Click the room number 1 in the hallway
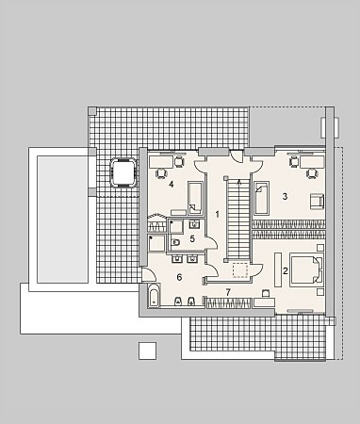point(217,215)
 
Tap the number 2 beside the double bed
point(286,270)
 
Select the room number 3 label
point(285,197)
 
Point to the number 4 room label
point(171,184)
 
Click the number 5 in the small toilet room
point(192,239)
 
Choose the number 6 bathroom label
point(179,277)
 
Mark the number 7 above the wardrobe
point(228,292)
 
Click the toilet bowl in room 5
point(176,242)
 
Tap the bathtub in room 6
point(154,295)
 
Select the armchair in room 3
point(317,202)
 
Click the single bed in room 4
point(196,198)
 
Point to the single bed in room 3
point(262,198)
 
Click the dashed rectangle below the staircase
point(240,270)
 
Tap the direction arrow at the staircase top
point(239,182)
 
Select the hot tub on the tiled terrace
point(123,173)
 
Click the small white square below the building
point(148,351)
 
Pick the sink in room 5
point(194,224)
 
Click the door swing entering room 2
point(257,269)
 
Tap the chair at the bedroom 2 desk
point(266,293)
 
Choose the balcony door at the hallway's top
point(237,155)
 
